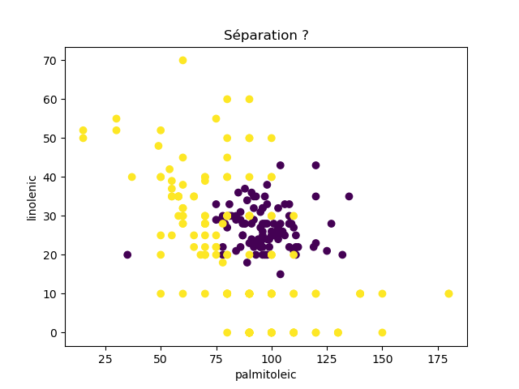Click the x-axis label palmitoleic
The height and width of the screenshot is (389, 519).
(x=266, y=374)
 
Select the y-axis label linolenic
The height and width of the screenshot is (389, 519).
(x=32, y=197)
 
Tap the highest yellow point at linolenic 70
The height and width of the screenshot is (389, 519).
(x=182, y=60)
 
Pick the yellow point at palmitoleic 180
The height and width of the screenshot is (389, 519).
(x=448, y=293)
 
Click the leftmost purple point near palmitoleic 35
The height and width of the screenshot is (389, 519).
(x=127, y=254)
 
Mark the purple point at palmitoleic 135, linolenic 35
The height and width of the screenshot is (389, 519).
(x=349, y=196)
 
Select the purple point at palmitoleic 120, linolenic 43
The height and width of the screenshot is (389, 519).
(x=315, y=165)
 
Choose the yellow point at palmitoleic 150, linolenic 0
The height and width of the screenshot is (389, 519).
(x=382, y=332)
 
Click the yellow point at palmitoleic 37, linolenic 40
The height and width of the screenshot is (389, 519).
(x=131, y=177)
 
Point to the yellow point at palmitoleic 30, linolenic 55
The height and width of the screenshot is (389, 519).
(x=116, y=118)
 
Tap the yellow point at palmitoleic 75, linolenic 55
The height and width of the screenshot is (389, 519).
(x=216, y=118)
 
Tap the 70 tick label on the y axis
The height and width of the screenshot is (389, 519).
(x=49, y=61)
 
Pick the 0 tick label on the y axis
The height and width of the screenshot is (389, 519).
(x=52, y=333)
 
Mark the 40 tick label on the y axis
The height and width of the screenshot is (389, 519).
(x=49, y=177)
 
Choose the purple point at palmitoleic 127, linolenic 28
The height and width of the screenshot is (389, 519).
(x=331, y=224)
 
